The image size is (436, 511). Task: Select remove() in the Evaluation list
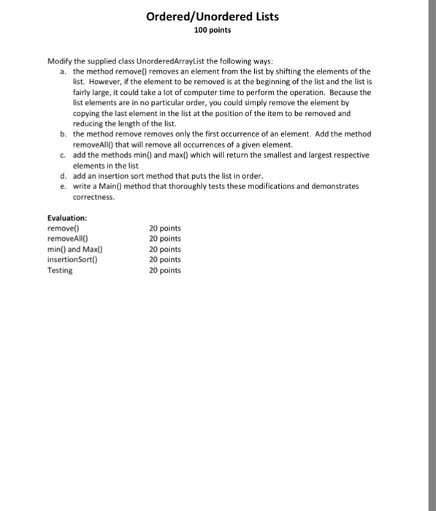(x=64, y=228)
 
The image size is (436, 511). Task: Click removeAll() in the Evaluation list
(x=67, y=239)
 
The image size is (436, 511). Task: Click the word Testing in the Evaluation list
(x=60, y=270)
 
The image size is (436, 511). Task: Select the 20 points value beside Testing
(x=164, y=270)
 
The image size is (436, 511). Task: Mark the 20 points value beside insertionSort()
(x=164, y=259)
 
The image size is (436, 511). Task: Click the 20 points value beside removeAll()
(x=164, y=239)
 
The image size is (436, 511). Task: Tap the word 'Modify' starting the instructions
(x=59, y=62)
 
